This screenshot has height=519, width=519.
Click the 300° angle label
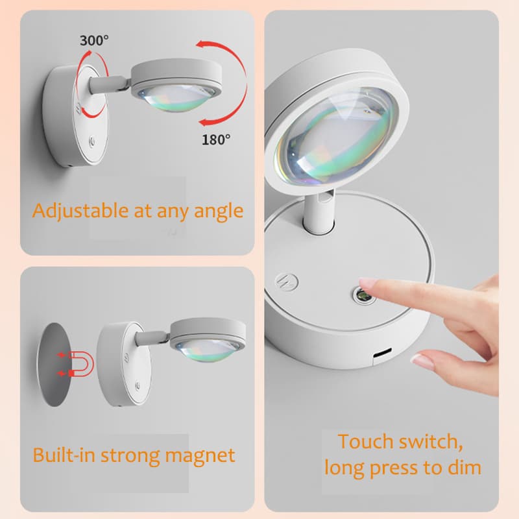tap(95, 40)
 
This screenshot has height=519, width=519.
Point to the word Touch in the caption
tap(365, 442)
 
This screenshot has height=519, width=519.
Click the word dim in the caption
tap(463, 467)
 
